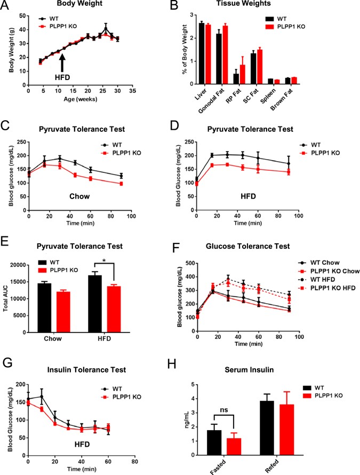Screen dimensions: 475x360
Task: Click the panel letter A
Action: [x=5, y=6]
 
